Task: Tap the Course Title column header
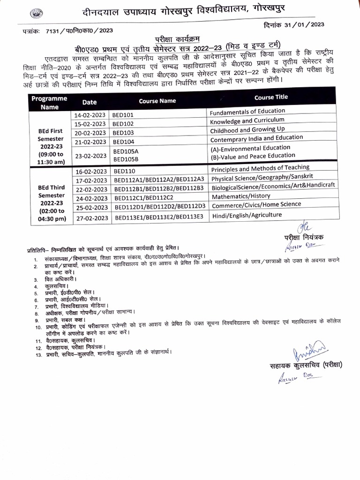tap(271, 97)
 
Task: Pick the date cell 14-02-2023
tap(90, 114)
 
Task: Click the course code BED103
tap(124, 133)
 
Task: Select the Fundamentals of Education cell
tap(247, 112)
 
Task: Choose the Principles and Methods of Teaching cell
tap(260, 168)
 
